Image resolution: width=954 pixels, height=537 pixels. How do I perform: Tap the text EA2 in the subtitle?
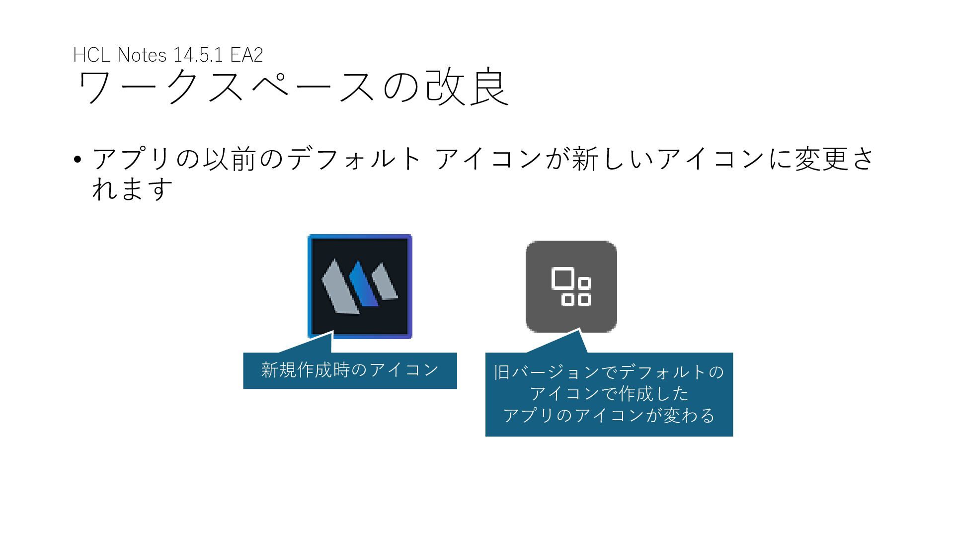tap(246, 55)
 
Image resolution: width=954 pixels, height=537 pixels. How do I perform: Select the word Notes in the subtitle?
tap(142, 55)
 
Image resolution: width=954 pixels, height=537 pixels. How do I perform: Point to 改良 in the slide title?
tap(468, 87)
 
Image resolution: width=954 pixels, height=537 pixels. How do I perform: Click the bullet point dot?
tap(77, 160)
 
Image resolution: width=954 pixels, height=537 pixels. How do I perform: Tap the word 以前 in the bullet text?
tap(229, 159)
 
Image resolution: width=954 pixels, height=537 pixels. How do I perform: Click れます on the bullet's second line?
tap(132, 189)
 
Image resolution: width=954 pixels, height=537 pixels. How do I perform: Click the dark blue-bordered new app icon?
tap(360, 286)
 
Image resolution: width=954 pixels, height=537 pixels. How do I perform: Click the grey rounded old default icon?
tap(571, 286)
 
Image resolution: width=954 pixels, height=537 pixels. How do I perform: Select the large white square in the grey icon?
tap(562, 278)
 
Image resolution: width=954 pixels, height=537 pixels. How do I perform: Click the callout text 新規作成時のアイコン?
tap(350, 370)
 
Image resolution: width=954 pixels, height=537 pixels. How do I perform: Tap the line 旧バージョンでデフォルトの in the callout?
tap(609, 372)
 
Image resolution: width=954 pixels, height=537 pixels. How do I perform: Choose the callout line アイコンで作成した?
tap(609, 394)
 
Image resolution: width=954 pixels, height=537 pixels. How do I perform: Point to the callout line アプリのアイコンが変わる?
tap(609, 415)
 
